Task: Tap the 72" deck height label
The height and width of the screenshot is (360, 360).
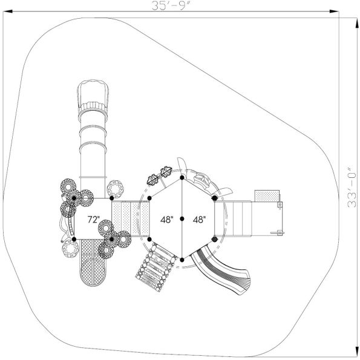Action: [93, 220]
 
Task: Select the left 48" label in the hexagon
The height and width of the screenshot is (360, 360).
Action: [166, 220]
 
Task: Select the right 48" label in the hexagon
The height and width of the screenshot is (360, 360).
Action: [198, 220]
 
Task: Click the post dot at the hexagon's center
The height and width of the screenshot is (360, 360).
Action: [182, 219]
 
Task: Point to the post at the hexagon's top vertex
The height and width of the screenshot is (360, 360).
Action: [182, 178]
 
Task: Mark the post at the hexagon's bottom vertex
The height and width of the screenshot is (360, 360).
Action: [182, 260]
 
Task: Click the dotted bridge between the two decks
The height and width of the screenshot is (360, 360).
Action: [130, 218]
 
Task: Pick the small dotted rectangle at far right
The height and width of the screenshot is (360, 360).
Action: [267, 196]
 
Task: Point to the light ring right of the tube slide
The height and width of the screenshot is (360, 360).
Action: [116, 189]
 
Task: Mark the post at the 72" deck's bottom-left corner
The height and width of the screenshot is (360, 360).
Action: [74, 240]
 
